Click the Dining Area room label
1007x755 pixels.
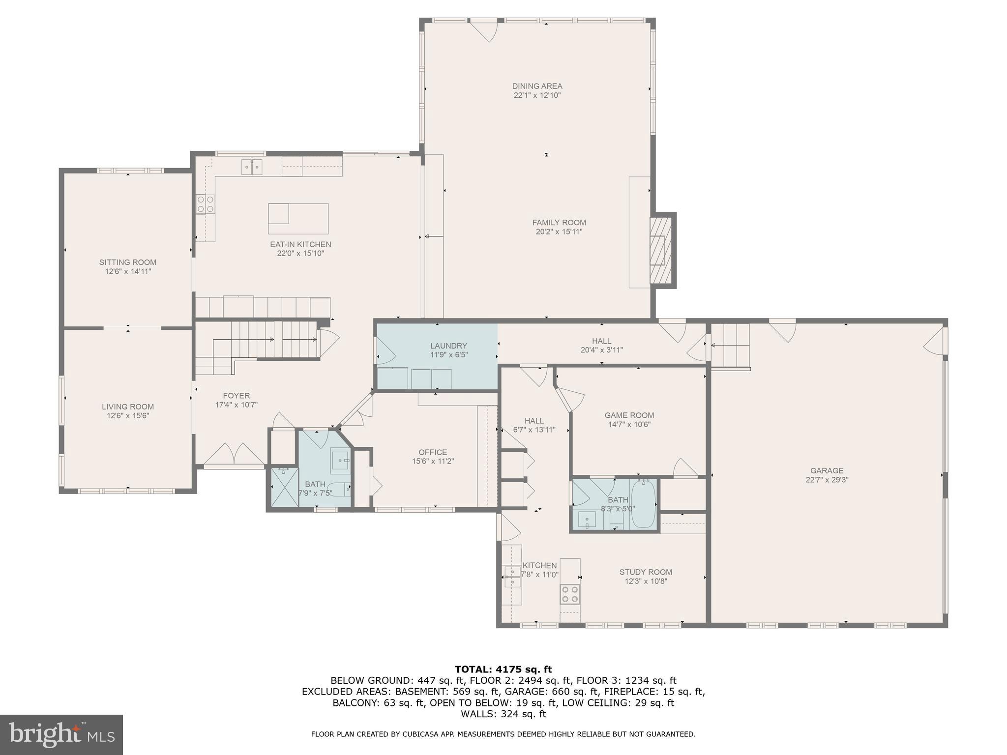(537, 86)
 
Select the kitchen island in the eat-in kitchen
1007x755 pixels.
(298, 219)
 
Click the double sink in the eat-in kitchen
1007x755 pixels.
(252, 167)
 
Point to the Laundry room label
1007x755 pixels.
(448, 346)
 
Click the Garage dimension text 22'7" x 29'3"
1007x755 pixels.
(827, 480)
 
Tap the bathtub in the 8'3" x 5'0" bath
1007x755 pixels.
(644, 504)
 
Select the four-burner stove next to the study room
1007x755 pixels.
(570, 593)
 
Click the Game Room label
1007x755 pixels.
(629, 415)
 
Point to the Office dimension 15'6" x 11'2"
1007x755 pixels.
(433, 462)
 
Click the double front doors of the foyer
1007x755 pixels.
(234, 455)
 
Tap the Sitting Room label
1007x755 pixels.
(128, 262)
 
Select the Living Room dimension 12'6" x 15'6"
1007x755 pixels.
(128, 416)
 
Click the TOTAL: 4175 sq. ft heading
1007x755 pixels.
(503, 669)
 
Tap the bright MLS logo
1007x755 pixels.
(61, 735)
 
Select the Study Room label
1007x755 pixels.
(646, 572)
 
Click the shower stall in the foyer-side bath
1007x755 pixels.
(285, 487)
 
